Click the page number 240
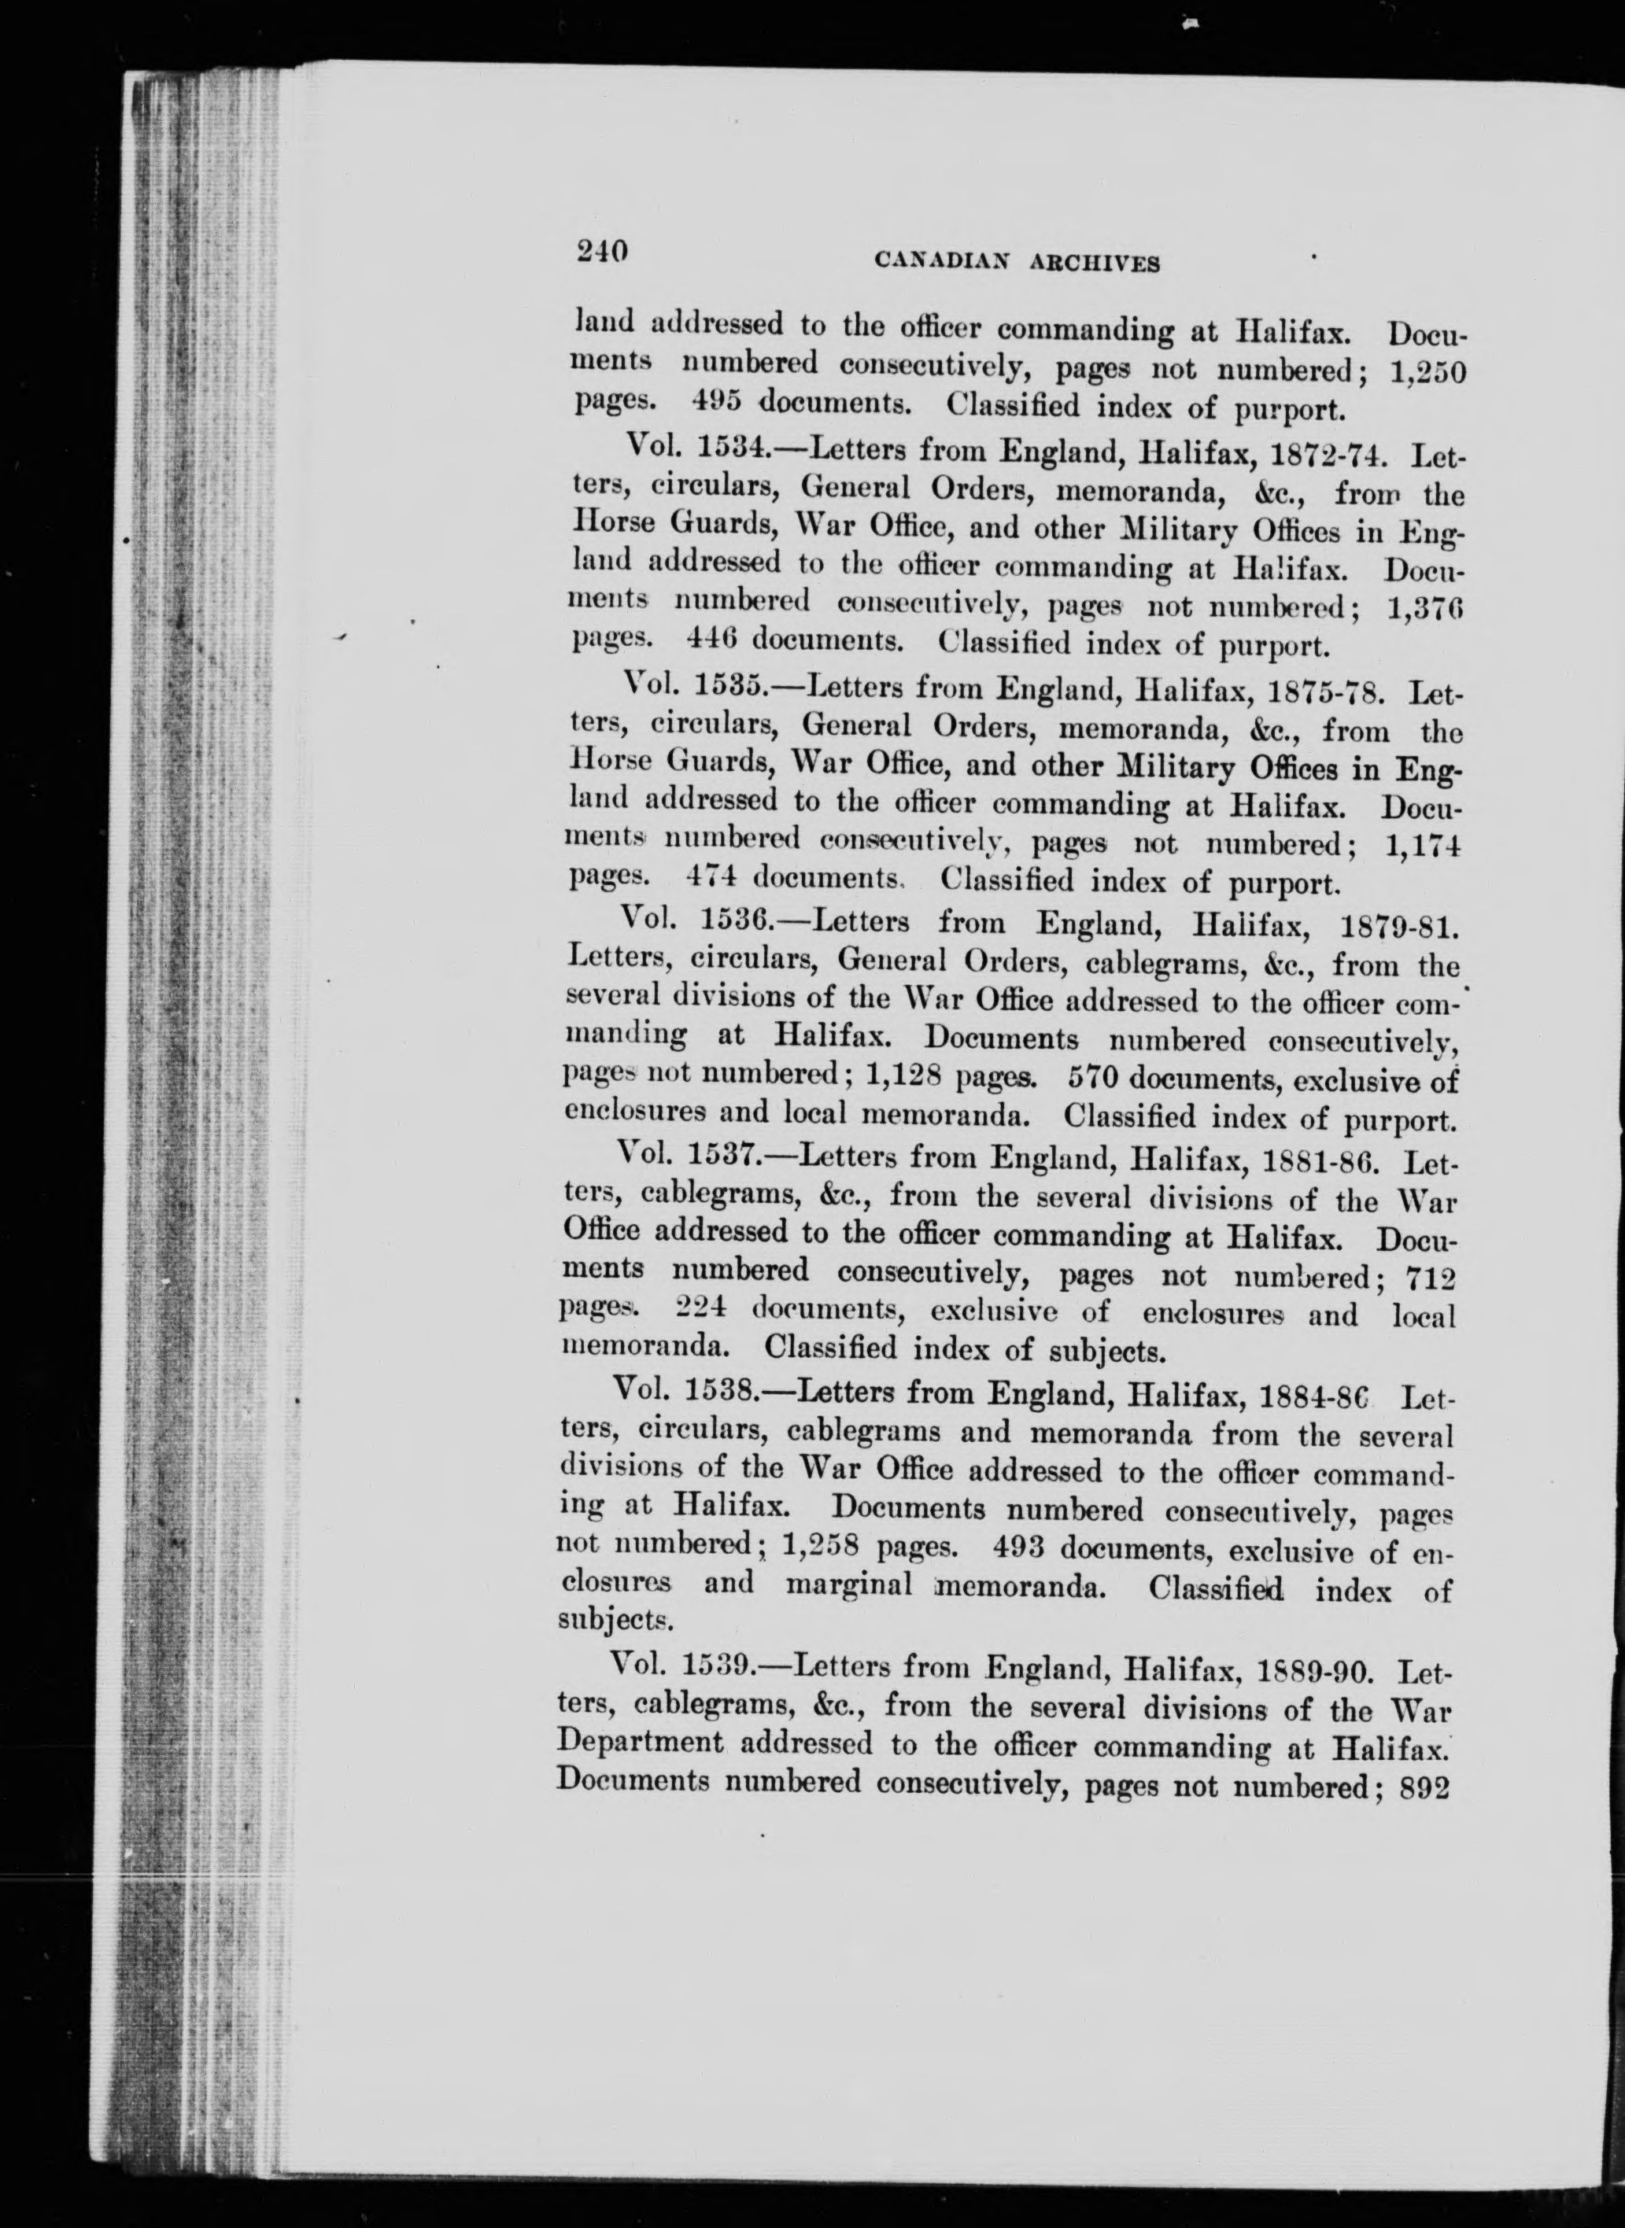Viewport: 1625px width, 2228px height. pos(601,253)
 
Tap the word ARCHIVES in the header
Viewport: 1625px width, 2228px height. pos(1095,264)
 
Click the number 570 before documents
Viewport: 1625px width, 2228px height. pos(1093,1079)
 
